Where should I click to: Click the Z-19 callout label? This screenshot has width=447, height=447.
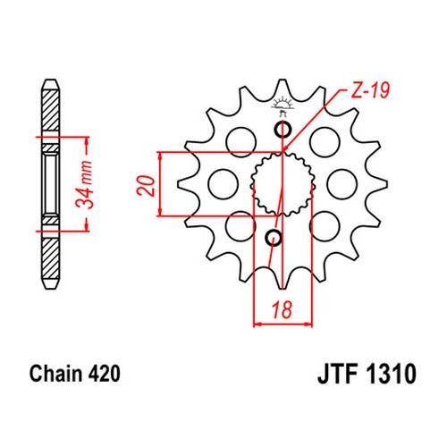pos(370,90)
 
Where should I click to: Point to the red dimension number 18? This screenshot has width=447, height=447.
pos(282,309)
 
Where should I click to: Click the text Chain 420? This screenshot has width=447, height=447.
pos(75,374)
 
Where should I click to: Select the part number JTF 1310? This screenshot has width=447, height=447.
pos(367,374)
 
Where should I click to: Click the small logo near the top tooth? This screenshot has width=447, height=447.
pos(282,106)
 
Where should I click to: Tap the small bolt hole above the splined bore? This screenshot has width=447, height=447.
pos(283,130)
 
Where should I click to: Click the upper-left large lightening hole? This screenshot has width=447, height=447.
pos(240,142)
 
